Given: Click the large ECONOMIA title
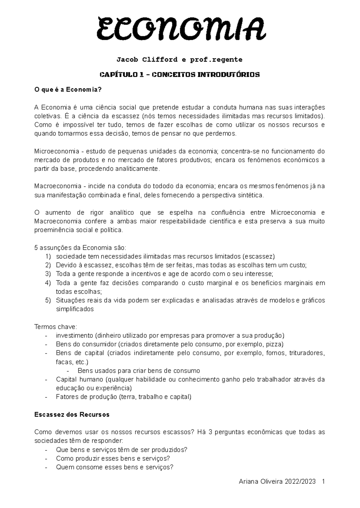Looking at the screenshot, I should point(180,29).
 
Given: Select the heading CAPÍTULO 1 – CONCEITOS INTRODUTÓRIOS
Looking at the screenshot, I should point(179,75).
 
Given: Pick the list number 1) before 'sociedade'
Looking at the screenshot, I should point(48,257).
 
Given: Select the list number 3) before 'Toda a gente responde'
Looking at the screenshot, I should point(48,274).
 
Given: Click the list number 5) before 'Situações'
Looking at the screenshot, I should point(48,300).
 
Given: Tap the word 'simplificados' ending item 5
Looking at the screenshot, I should point(75,309).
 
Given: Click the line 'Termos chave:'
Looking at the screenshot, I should point(56,327).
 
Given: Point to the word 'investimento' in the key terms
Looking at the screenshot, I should point(74,336).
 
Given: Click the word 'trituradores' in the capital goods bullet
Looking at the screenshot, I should point(307,353).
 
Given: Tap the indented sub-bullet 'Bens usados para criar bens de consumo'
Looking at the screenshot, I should point(139,371).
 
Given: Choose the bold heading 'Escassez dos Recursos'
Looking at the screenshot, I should point(72,415).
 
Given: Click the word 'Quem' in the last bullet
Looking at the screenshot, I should point(63,467).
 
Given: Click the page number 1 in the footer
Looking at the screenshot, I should point(323,482).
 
